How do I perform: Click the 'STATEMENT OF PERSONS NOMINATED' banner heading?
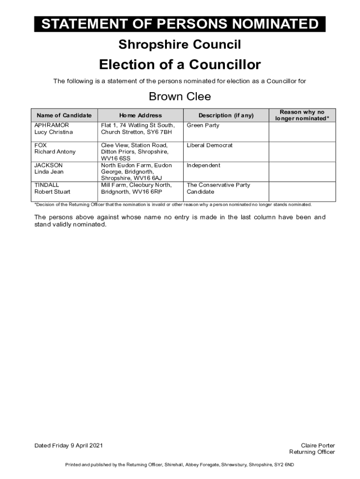[x=180, y=24]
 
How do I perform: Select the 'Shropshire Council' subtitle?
[x=180, y=45]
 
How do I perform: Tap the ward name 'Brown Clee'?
[x=180, y=97]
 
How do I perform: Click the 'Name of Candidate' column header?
[x=64, y=116]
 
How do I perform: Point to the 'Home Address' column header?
[x=140, y=116]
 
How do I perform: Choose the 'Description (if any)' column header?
[x=226, y=116]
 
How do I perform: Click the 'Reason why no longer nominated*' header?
[x=302, y=116]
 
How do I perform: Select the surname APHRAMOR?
[x=51, y=125]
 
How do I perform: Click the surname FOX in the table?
[x=41, y=145]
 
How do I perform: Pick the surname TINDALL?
[x=47, y=185]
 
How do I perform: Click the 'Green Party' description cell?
[x=203, y=125]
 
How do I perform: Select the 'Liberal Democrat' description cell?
[x=209, y=145]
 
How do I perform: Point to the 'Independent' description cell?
[x=203, y=166]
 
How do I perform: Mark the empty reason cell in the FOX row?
[x=302, y=152]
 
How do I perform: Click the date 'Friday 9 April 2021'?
[x=76, y=445]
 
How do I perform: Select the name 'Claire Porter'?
[x=318, y=445]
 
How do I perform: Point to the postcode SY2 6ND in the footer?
[x=284, y=465]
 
